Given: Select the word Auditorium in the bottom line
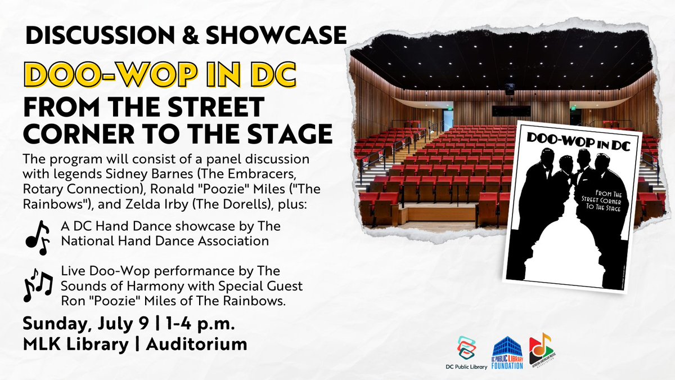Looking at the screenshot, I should (x=196, y=344).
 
